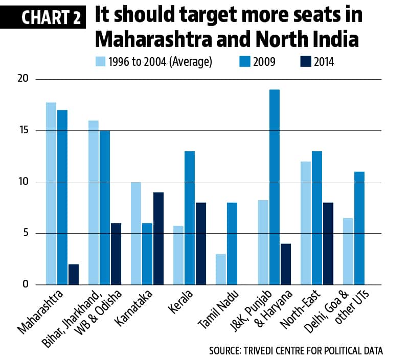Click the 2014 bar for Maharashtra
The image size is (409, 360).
click(x=74, y=274)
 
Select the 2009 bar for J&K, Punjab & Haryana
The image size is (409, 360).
click(x=274, y=187)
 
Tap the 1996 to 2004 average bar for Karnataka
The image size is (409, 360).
click(x=135, y=233)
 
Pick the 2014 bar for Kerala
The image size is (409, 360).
click(x=200, y=243)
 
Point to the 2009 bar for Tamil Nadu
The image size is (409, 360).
click(x=232, y=243)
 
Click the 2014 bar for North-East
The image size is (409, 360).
click(x=328, y=243)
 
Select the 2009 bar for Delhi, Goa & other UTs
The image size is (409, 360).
click(x=359, y=228)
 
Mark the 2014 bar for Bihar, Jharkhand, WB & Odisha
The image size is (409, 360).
click(x=116, y=253)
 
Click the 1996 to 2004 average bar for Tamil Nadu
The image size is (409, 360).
click(x=221, y=269)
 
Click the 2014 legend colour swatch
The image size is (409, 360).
click(x=305, y=62)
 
